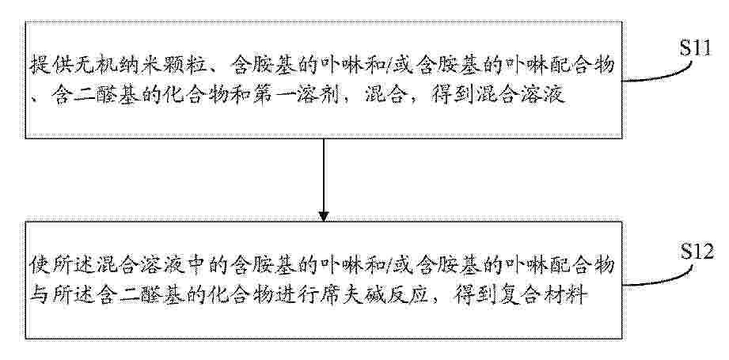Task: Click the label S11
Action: (696, 47)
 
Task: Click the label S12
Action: (697, 252)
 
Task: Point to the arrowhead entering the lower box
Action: (324, 217)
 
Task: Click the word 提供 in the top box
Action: (47, 66)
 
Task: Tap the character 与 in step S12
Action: (38, 295)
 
